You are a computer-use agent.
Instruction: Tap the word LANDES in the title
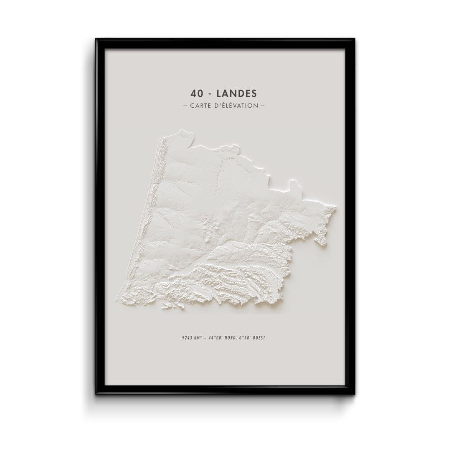(237, 93)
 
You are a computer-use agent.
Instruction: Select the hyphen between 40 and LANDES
(210, 94)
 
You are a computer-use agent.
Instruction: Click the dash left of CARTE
(185, 106)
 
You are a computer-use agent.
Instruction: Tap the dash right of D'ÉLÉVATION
(263, 106)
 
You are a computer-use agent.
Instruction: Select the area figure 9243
(182, 337)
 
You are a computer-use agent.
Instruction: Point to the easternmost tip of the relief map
(335, 207)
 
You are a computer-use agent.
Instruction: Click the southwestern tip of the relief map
(118, 299)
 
